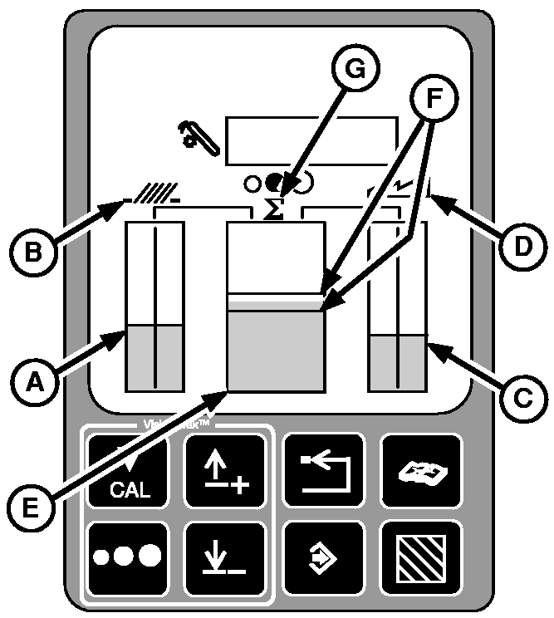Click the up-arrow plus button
tap(225, 472)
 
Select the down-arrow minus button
tap(225, 557)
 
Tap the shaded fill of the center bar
tap(276, 349)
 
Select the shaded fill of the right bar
tap(398, 362)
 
